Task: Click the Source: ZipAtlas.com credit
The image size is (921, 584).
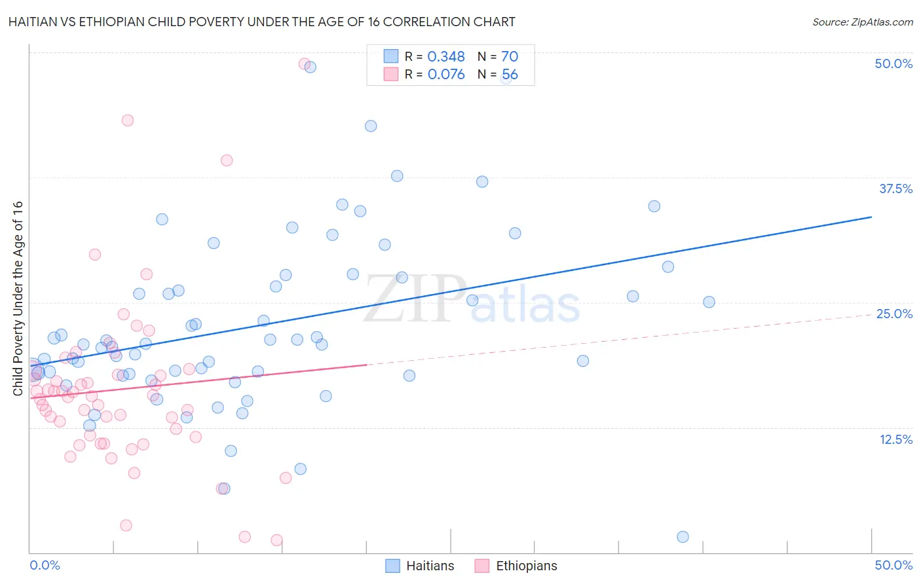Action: (x=862, y=22)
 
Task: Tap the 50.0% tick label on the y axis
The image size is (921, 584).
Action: (x=893, y=64)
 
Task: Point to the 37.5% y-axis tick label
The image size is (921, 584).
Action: (x=895, y=189)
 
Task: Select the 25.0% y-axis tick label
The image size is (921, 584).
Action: (x=894, y=314)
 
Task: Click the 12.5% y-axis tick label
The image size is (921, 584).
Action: (x=895, y=439)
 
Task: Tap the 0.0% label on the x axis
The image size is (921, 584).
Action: (x=45, y=565)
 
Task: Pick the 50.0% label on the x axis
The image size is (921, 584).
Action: (x=893, y=565)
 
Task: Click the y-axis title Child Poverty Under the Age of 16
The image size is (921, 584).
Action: (x=18, y=299)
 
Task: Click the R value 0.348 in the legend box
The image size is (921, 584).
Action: (x=446, y=57)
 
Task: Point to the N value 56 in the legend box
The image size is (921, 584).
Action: (x=510, y=75)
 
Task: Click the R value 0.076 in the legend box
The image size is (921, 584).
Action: (x=446, y=75)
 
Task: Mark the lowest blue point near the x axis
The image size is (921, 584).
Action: (x=683, y=537)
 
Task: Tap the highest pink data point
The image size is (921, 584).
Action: (x=305, y=64)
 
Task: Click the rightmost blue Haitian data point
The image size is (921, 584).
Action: (x=709, y=302)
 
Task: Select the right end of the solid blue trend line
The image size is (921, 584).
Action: (x=871, y=217)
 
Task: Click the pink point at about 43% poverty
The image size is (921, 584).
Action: (x=128, y=120)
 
